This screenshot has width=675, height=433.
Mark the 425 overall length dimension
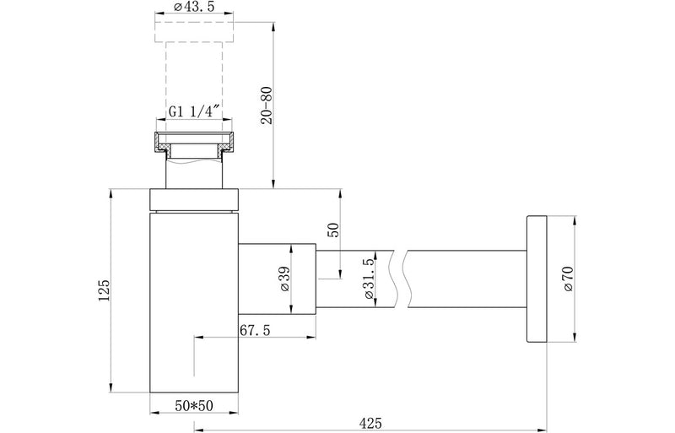(x=367, y=419)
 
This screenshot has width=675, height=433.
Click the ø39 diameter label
(x=283, y=279)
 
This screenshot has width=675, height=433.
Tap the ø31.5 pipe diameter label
(x=369, y=279)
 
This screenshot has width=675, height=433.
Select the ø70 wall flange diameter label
(x=569, y=279)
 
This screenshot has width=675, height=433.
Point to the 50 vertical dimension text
(x=332, y=231)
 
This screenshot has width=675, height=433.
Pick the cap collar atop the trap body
(x=195, y=199)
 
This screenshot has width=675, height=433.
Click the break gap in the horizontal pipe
(x=400, y=279)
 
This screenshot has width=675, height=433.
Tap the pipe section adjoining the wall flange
(x=464, y=279)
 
